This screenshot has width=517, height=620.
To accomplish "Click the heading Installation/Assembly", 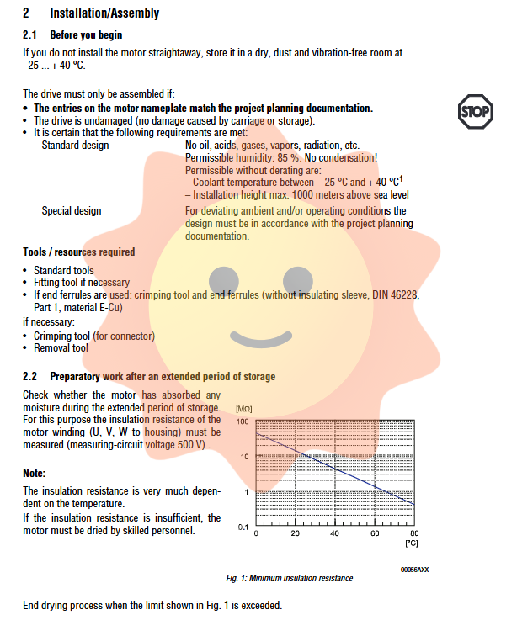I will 104,13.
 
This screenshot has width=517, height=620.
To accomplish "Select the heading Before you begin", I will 86,35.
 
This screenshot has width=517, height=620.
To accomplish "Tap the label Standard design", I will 75,146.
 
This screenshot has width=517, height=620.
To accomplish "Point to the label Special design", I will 72,211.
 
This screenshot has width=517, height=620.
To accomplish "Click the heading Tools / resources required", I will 78,252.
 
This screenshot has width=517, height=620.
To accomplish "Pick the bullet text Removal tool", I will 61,348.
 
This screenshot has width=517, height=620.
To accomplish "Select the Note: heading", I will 35,474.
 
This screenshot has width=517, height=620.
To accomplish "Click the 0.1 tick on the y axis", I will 242,527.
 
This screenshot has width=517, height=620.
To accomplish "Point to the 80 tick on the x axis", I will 413,534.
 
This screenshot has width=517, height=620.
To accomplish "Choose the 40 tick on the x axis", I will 334,534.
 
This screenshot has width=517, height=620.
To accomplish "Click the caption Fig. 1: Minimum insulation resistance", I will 290,578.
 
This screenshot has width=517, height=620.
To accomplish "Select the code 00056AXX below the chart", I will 414,570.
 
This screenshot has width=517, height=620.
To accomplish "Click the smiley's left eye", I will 223,278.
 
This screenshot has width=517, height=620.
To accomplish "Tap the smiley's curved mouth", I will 258,336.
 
